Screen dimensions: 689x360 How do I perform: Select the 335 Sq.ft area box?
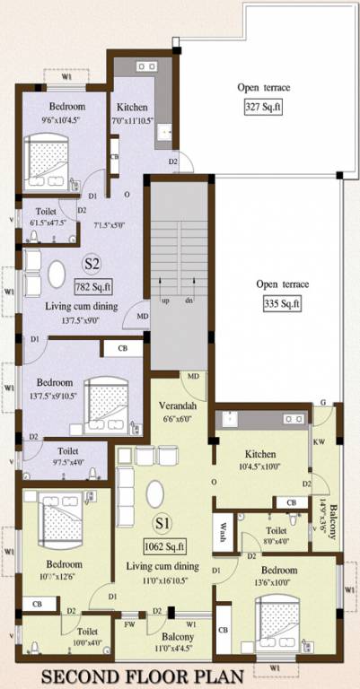(282, 304)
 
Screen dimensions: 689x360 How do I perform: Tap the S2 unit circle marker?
(91, 264)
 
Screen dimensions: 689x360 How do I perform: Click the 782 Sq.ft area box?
(92, 287)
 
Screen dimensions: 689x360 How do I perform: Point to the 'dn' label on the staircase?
(190, 301)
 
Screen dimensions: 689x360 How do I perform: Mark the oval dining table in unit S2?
(57, 272)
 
